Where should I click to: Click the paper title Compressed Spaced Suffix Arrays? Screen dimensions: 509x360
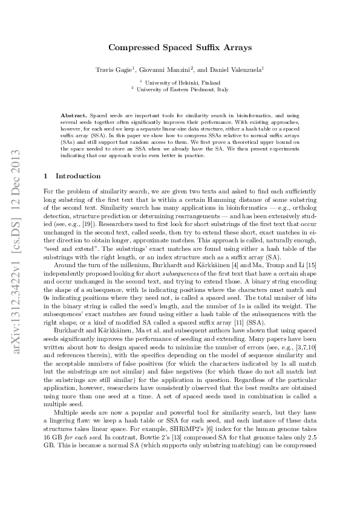pyautogui.click(x=180, y=46)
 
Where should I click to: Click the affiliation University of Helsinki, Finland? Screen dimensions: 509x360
pyautogui.click(x=180, y=82)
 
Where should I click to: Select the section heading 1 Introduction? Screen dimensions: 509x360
pyautogui.click(x=73, y=177)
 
